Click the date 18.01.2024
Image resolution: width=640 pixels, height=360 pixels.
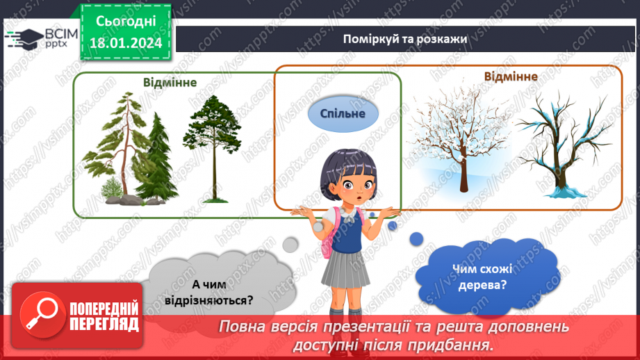pos(126,43)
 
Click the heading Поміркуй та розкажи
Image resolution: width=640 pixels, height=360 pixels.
pos(404,39)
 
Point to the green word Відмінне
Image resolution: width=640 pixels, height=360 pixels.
pos(170,82)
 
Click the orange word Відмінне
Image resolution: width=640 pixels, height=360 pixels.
pos(511,76)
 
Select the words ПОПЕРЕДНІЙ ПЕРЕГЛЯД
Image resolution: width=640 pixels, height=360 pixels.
pos(104,316)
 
